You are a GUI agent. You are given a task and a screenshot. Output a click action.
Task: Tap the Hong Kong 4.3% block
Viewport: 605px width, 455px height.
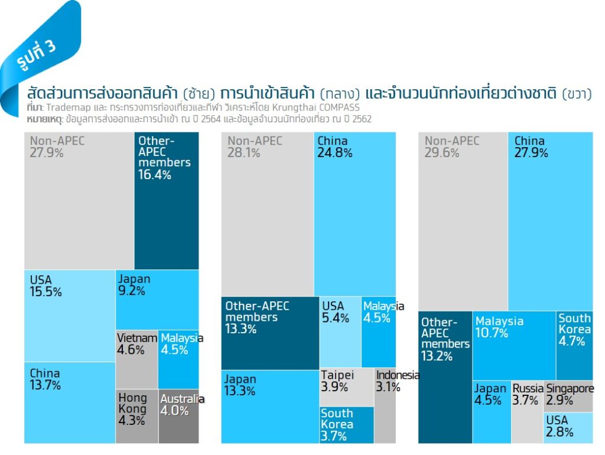tap(136, 415)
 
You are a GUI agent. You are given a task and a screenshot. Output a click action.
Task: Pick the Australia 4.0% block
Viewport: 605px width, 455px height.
tap(178, 415)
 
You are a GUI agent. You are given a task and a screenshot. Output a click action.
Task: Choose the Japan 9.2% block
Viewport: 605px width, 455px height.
tap(157, 299)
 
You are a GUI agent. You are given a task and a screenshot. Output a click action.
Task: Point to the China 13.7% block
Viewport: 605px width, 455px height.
tap(70, 402)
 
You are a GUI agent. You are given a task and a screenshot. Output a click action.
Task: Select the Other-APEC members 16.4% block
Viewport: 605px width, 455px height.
tap(167, 200)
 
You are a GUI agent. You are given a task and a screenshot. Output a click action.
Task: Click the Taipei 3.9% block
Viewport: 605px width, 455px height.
tap(347, 387)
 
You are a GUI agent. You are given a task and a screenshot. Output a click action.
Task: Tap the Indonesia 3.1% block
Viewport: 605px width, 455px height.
tap(385, 405)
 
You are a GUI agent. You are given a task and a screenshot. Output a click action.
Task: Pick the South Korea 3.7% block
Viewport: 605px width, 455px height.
tap(347, 425)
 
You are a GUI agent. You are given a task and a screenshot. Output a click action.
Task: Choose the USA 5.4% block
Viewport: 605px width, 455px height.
tap(340, 331)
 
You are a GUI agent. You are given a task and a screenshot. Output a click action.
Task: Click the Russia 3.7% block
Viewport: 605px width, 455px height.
tap(526, 411)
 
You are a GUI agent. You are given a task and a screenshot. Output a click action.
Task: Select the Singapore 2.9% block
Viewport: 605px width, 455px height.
tap(568, 396)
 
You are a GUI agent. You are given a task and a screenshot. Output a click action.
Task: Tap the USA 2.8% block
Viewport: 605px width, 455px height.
tap(568, 427)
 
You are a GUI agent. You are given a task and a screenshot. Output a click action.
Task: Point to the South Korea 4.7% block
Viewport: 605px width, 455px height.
tap(574, 345)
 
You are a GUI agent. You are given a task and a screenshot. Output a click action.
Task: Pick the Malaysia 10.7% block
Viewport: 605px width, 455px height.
tap(514, 345)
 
